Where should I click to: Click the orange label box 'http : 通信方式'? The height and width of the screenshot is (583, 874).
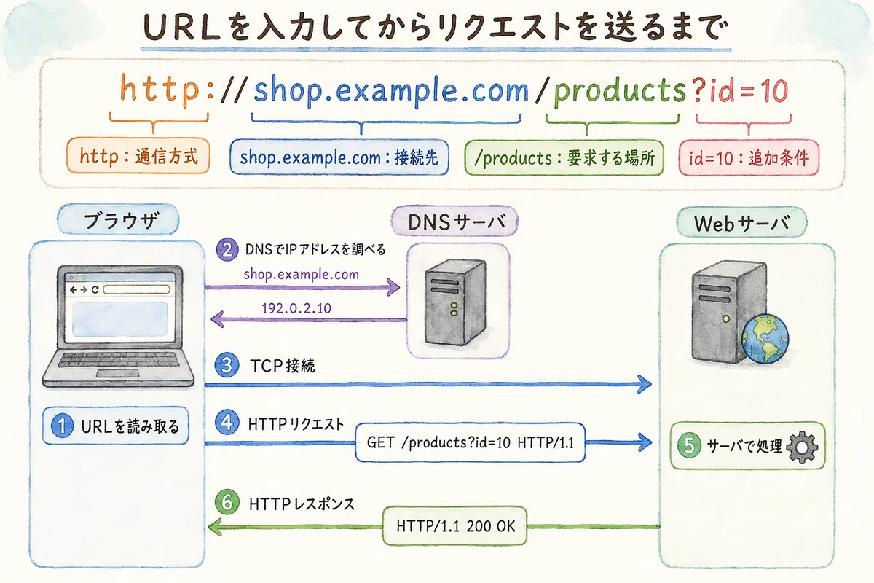tap(138, 155)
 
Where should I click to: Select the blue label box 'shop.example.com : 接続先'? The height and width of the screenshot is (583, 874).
tap(339, 157)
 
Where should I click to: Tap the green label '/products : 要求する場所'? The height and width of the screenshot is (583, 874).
tap(564, 157)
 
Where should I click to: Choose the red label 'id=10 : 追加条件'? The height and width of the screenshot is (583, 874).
tap(749, 157)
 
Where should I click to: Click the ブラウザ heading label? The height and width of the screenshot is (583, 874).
tap(118, 219)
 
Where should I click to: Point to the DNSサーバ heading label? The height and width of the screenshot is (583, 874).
tap(454, 222)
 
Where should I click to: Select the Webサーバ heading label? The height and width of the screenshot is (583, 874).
tap(741, 222)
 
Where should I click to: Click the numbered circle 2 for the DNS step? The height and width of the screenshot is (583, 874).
tap(227, 249)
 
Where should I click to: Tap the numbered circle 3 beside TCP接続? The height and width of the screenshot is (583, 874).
tap(227, 365)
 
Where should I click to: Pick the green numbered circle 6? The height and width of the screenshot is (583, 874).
tap(227, 502)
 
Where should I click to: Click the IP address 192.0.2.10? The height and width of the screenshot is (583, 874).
tap(296, 308)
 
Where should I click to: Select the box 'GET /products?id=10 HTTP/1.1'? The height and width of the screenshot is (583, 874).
tap(471, 442)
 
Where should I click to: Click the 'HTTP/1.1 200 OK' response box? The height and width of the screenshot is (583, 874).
tap(455, 526)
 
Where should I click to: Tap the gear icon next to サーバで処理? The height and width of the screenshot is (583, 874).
tap(802, 447)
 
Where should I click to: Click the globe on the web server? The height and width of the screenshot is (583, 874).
tap(765, 339)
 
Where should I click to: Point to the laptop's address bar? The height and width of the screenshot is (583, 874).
tap(137, 289)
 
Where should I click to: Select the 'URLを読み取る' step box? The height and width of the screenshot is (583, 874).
tap(116, 426)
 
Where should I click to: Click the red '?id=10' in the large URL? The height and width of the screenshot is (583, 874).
tap(740, 90)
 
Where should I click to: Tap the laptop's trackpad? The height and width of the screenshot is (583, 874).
tap(117, 373)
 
